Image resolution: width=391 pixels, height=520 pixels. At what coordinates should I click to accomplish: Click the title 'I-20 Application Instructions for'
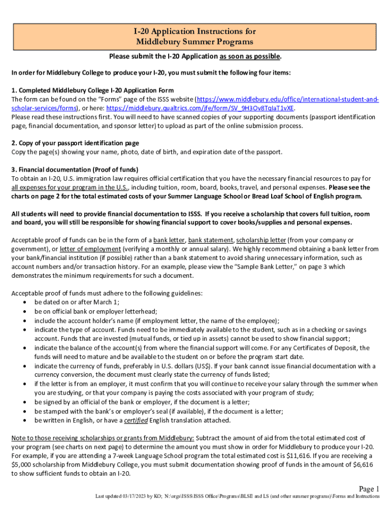pos(195,31)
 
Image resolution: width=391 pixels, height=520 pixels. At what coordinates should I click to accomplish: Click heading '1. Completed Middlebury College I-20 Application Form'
pos(93,90)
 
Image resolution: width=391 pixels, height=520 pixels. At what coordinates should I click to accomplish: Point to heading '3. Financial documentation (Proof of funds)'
pos(75,170)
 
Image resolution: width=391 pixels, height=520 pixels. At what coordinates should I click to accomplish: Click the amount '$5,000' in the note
pos(22,464)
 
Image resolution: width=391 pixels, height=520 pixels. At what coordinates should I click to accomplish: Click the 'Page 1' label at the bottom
pos(369,489)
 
